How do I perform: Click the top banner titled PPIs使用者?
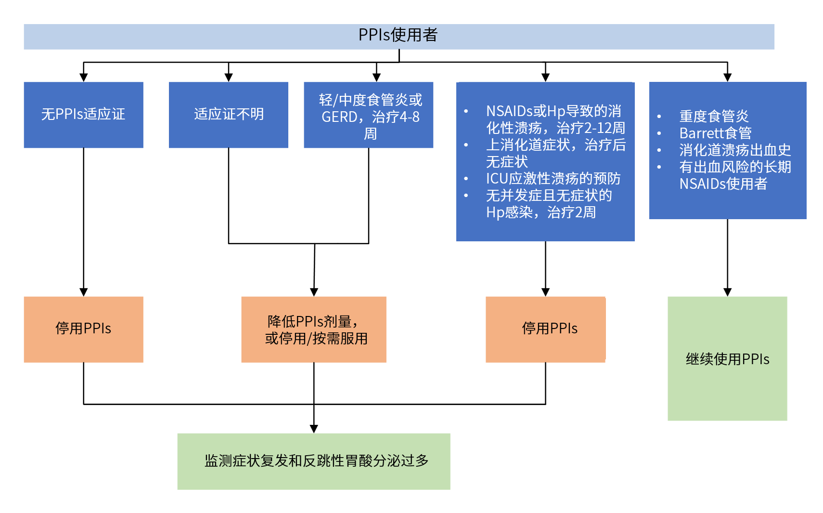[x=399, y=36]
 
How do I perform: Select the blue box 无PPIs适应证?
[x=83, y=115]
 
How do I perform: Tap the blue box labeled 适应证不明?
[x=229, y=115]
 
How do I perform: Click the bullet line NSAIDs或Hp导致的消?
[x=553, y=111]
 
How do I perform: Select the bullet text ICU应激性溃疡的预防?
[x=553, y=179]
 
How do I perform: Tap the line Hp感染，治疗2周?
[x=541, y=212]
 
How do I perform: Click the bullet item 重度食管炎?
[x=714, y=116]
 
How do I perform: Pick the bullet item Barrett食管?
[x=715, y=133]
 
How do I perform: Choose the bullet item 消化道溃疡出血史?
[x=735, y=150]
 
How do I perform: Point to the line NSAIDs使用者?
[x=723, y=184]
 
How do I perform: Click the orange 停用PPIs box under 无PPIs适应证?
[x=83, y=329]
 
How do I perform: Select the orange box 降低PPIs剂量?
[x=314, y=321]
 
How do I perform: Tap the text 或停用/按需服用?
[x=316, y=339]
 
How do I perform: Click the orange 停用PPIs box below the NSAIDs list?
[x=545, y=329]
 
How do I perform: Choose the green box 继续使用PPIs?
[x=727, y=359]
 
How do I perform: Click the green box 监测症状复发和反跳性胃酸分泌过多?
[x=314, y=461]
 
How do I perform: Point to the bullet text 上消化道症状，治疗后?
[x=556, y=145]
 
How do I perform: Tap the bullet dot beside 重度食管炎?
[x=659, y=117]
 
